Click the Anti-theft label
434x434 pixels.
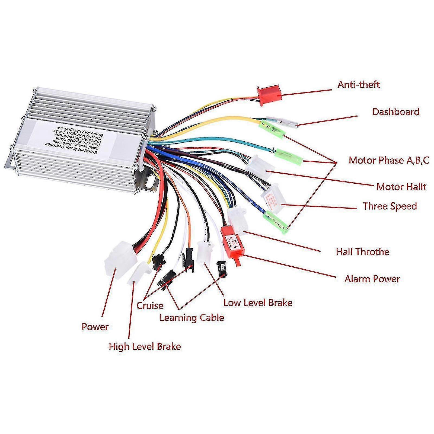coord(358,84)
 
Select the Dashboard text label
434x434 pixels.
coord(395,111)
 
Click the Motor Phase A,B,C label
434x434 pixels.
coord(389,160)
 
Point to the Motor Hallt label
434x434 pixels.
coord(401,187)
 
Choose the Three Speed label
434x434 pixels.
coord(390,206)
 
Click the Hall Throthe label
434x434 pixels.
coord(362,252)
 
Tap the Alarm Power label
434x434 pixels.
coord(372,279)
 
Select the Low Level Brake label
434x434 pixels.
coord(258,302)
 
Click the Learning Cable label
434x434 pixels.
coord(192,317)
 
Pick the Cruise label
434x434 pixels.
coord(150,306)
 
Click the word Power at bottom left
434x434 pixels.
coord(95,327)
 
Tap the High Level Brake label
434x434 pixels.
coord(145,346)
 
